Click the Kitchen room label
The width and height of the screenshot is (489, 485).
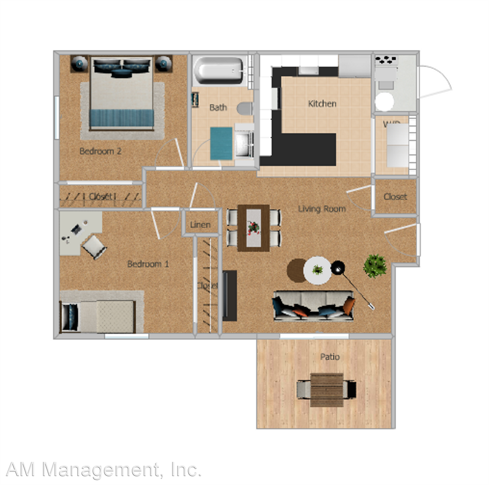pyautogui.click(x=322, y=104)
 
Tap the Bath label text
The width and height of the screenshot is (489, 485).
pyautogui.click(x=218, y=107)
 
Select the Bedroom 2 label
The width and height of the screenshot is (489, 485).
pyautogui.click(x=100, y=151)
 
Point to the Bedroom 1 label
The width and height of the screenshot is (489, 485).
pyautogui.click(x=148, y=264)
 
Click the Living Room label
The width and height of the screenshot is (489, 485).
pyautogui.click(x=321, y=208)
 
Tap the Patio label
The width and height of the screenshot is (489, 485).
pyautogui.click(x=330, y=357)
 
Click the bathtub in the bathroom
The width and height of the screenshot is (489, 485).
pyautogui.click(x=218, y=71)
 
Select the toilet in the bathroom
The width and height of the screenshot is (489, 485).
pyautogui.click(x=245, y=108)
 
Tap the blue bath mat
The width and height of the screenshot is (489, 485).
pyautogui.click(x=221, y=143)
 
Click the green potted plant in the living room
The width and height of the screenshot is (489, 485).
pyautogui.click(x=375, y=266)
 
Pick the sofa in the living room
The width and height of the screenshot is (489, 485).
pyautogui.click(x=313, y=305)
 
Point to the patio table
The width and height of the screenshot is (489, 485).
pyautogui.click(x=326, y=390)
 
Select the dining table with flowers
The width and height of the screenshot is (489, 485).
pyautogui.click(x=253, y=227)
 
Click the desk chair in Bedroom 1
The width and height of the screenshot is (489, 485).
pyautogui.click(x=94, y=247)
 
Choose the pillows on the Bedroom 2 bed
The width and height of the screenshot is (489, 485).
pyautogui.click(x=122, y=67)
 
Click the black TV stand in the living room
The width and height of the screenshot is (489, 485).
pyautogui.click(x=230, y=296)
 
